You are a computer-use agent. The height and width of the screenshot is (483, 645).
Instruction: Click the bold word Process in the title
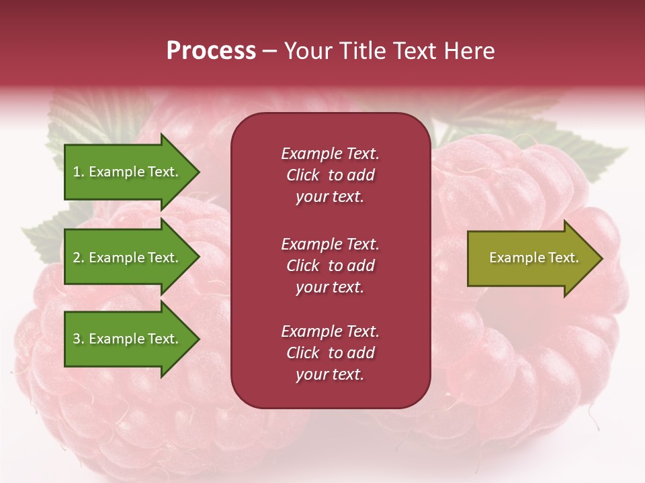click(211, 51)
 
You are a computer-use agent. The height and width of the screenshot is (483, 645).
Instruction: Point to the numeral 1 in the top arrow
click(77, 172)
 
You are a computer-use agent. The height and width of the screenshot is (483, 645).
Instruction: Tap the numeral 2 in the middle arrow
click(77, 258)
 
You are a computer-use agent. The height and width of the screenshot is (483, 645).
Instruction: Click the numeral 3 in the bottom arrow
click(77, 339)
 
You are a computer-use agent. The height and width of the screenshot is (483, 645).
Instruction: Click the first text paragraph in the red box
click(330, 175)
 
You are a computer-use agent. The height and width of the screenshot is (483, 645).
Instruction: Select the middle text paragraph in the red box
click(330, 266)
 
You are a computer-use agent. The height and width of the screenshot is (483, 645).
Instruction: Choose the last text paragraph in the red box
click(330, 353)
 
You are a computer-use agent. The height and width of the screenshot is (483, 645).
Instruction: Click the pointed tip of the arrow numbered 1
click(198, 172)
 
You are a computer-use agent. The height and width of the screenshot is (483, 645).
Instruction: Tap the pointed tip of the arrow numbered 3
click(198, 339)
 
